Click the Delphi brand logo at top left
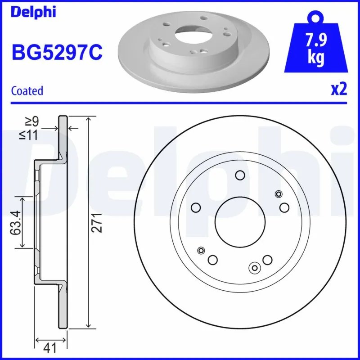(x=33, y=12)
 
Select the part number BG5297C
(x=57, y=53)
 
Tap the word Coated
(x=27, y=91)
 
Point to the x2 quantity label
(x=339, y=90)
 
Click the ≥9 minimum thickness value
(x=32, y=121)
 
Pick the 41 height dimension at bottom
(x=51, y=347)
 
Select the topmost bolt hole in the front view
(x=240, y=176)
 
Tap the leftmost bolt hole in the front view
(x=195, y=207)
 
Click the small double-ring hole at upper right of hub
(x=279, y=194)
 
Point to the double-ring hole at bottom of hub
(x=255, y=268)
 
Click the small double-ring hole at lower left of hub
(x=201, y=251)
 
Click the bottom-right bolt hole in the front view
(x=268, y=260)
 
